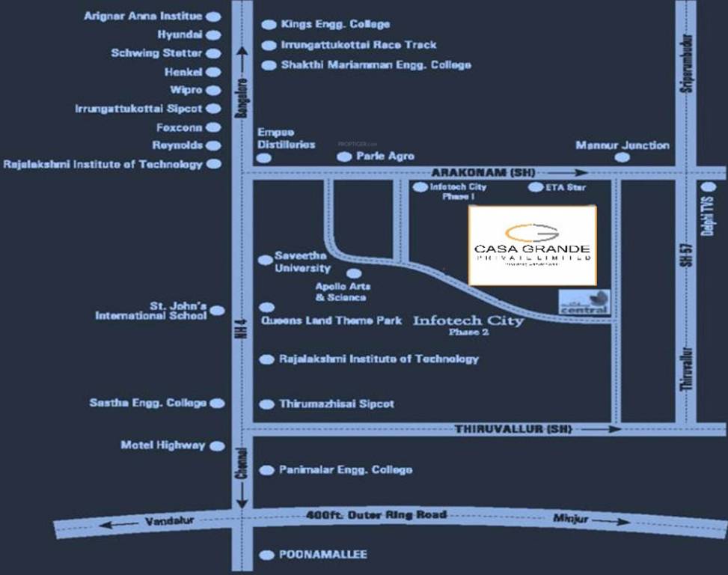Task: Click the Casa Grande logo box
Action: [532, 245]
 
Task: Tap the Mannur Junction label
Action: [622, 144]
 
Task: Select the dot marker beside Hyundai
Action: [213, 34]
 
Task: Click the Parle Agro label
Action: [385, 156]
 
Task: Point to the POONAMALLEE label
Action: [323, 555]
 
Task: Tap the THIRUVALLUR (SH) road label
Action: [513, 429]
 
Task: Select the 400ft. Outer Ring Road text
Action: [376, 515]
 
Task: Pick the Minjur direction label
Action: [571, 518]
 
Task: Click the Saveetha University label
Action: [302, 261]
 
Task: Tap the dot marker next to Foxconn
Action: [213, 128]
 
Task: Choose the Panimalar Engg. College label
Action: [345, 470]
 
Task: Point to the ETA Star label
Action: [566, 187]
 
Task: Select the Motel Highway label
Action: [162, 445]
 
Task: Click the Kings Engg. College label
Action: [335, 25]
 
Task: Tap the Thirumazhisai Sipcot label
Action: [337, 404]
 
